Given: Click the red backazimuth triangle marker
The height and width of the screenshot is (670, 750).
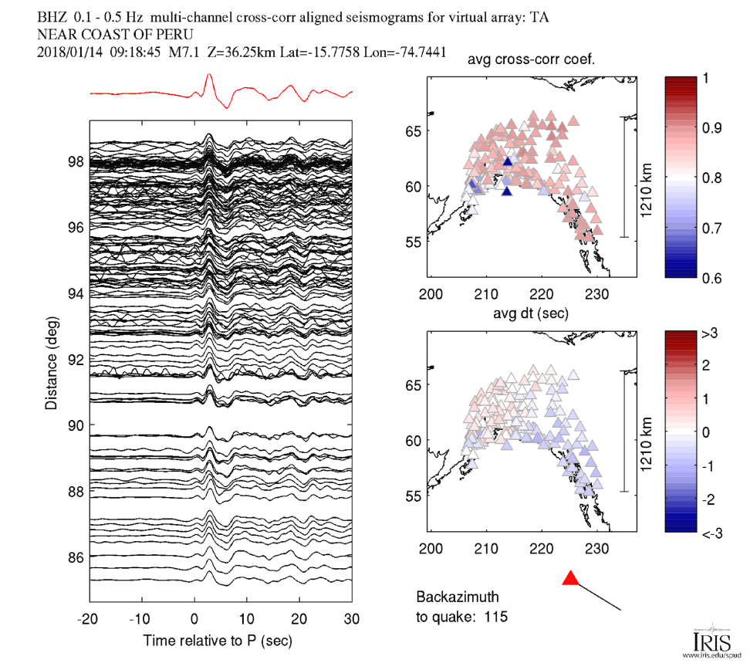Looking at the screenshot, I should (570, 579).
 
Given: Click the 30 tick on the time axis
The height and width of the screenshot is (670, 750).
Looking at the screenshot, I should (352, 618).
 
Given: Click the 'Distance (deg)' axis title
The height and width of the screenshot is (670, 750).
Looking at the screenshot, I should (51, 360).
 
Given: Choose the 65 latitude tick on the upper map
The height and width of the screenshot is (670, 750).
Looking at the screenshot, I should (413, 131).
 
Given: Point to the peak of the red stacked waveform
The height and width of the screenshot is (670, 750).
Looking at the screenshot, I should (208, 75).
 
